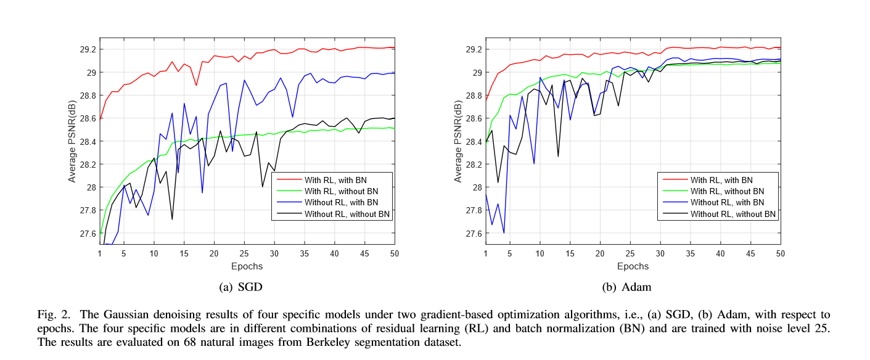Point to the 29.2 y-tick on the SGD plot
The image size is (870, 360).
[86, 49]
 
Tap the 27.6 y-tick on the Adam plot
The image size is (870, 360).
[472, 233]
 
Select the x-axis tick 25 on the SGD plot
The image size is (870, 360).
[244, 253]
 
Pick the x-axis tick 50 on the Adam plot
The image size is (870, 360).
[780, 253]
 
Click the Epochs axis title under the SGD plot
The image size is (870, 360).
[247, 267]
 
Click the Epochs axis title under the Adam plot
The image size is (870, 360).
[633, 267]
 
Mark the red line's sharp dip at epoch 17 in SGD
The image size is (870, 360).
[196, 85]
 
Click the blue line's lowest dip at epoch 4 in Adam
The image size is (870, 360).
[504, 233]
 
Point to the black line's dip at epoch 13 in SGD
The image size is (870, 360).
[172, 219]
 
